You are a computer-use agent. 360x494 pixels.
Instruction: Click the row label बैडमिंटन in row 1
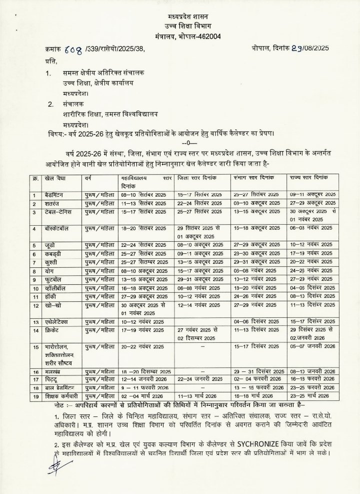pos(58,194)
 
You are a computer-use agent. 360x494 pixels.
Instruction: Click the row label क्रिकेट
pos(54,331)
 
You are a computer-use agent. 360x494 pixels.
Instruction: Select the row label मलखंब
pos(54,372)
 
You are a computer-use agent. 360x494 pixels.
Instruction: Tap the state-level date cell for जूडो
pos(310,245)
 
